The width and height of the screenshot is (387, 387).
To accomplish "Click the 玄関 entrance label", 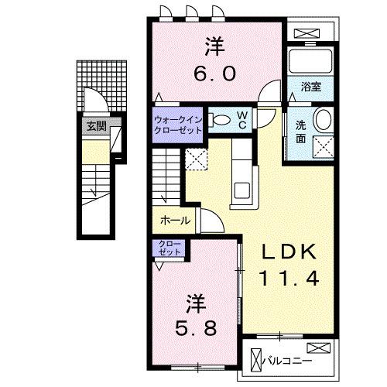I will click(95, 127).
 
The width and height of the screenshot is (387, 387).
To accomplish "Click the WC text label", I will click(241, 120).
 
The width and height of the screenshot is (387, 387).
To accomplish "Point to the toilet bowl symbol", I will click(221, 120).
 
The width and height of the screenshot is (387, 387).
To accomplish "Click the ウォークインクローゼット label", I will click(178, 125).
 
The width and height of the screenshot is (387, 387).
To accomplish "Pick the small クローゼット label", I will click(170, 248).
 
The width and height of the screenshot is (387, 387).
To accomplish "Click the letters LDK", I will click(289, 252).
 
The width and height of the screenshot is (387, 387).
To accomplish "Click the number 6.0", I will click(214, 73).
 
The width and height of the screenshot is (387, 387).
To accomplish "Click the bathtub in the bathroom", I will click(309, 62).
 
